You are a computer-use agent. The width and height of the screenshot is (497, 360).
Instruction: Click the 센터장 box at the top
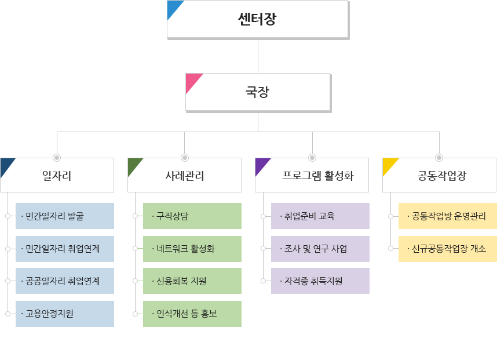258,19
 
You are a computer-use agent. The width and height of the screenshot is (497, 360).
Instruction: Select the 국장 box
258,92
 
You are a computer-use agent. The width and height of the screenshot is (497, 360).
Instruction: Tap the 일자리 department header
57,175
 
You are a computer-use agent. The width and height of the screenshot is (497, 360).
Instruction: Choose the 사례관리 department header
184,175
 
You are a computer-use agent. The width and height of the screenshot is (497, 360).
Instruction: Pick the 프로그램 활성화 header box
312,175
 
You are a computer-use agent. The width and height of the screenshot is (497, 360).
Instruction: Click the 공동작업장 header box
439,175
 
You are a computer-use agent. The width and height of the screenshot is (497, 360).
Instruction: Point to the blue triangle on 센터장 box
174,8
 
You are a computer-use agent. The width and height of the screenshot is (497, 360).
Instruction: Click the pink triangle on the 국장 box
192,81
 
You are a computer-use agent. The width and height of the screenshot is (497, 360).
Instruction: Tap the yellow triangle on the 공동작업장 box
389,165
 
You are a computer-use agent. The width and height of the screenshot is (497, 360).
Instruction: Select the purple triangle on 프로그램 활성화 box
261,165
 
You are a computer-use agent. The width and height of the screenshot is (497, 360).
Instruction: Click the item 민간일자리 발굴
65,216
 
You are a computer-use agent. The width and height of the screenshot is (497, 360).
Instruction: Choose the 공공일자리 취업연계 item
65,281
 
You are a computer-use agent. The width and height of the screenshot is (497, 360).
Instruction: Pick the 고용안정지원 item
65,314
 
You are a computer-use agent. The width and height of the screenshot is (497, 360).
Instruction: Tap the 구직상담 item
192,216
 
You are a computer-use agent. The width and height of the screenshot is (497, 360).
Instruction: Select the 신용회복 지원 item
192,281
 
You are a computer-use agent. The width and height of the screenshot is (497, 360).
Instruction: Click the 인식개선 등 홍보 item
192,314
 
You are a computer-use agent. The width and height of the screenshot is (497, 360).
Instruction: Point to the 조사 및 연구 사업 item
320,249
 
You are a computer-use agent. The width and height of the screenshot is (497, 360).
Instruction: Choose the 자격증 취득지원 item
320,281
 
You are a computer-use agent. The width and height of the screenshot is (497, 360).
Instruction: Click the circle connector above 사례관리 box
184,157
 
